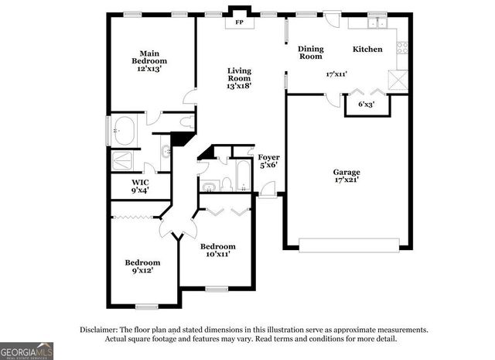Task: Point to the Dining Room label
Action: pyautogui.click(x=310, y=53)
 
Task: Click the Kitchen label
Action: pyautogui.click(x=367, y=50)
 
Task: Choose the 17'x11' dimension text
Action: pyautogui.click(x=336, y=75)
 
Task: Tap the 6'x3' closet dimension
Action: pyautogui.click(x=366, y=104)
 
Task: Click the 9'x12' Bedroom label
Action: pyautogui.click(x=142, y=266)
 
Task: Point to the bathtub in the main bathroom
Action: pyautogui.click(x=125, y=131)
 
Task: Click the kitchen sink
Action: pyautogui.click(x=377, y=23)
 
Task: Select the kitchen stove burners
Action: pyautogui.click(x=402, y=48)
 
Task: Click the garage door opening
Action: pyautogui.click(x=349, y=245)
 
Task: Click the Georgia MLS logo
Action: pyautogui.click(x=27, y=350)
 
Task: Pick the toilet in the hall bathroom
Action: pyautogui.click(x=228, y=183)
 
